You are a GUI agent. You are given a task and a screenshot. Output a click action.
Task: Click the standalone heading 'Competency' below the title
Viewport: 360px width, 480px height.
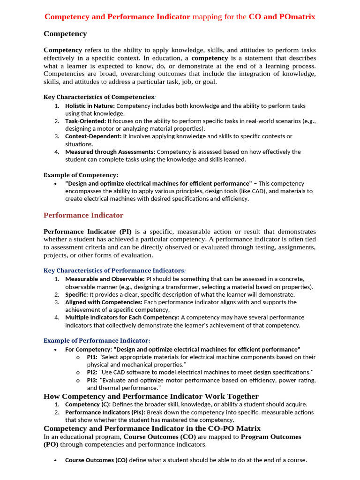tap(65, 34)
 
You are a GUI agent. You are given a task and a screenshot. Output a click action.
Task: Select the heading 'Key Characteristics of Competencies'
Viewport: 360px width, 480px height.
tap(99, 97)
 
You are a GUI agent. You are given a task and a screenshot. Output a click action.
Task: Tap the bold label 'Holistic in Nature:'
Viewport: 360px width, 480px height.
tap(90, 106)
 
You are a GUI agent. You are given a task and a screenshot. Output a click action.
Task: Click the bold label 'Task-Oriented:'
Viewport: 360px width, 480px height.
tap(86, 121)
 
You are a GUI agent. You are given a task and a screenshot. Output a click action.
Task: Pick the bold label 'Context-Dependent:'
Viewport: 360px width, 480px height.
tap(93, 136)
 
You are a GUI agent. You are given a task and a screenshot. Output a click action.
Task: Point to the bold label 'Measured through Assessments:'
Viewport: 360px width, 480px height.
tap(110, 152)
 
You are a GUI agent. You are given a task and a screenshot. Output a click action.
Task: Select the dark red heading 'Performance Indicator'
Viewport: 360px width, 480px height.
tap(83, 215)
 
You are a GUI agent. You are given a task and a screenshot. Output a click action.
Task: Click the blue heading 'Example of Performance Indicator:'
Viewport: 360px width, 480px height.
tap(97, 340)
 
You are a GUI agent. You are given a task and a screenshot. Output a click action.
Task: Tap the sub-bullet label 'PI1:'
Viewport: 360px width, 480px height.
tap(92, 357)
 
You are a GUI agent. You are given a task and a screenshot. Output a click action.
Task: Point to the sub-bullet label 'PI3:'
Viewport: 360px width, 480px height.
tap(92, 380)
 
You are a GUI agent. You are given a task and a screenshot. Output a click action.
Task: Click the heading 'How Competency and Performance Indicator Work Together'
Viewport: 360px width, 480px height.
tap(151, 396)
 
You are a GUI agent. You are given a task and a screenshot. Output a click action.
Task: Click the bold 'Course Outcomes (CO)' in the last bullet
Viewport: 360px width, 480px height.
tap(96, 460)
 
